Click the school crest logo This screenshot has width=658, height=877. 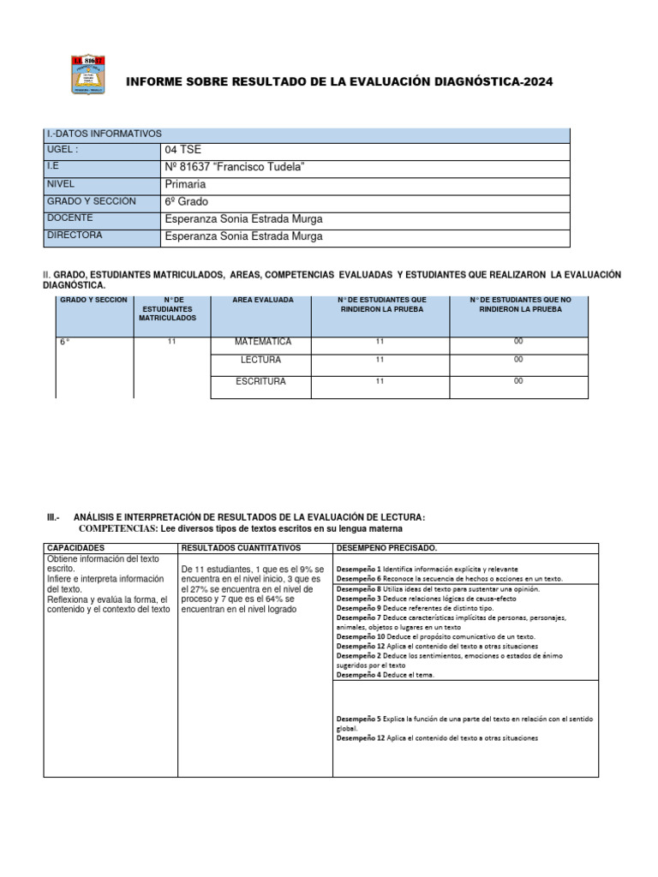(87, 75)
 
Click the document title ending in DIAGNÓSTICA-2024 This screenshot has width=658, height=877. (339, 81)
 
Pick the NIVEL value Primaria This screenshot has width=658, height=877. (185, 184)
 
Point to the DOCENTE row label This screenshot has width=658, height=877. (70, 218)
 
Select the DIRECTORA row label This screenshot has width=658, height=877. (75, 236)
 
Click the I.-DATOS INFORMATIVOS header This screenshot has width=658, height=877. (104, 134)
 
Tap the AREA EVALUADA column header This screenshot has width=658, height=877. (262, 301)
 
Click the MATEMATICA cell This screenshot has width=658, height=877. (262, 342)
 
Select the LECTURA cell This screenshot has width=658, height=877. (260, 361)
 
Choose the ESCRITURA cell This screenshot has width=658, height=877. (260, 382)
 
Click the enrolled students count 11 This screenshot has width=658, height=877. (171, 342)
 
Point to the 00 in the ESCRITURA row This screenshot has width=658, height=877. (517, 382)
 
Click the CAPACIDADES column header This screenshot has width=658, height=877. (76, 547)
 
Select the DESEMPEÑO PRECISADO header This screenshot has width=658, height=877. (386, 547)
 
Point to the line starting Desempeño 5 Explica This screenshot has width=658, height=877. (464, 719)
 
